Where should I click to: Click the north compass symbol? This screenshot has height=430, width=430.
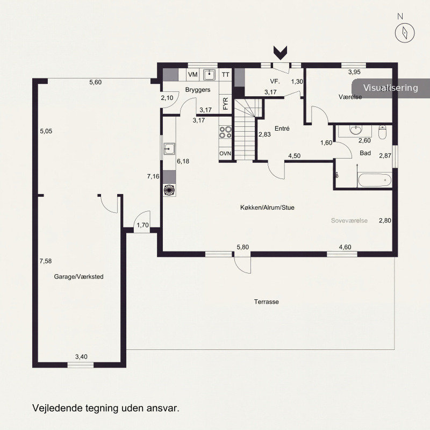[405, 32]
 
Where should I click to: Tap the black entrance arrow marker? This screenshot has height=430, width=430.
[280, 53]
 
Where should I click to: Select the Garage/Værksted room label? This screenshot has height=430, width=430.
[78, 277]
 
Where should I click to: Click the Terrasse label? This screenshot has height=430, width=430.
[266, 302]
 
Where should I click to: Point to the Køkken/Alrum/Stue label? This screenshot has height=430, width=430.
[267, 207]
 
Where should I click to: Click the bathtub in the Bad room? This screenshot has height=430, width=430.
[375, 180]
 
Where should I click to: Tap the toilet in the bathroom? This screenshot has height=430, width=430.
[382, 132]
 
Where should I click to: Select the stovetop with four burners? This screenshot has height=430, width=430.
[225, 132]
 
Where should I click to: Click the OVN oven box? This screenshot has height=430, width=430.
[225, 154]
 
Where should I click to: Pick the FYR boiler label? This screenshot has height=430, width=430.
[225, 104]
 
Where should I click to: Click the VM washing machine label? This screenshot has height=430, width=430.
[193, 75]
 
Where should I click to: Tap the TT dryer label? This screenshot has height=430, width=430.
[225, 75]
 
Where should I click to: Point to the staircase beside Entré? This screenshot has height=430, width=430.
[245, 130]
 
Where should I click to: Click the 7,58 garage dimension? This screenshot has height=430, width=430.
[46, 261]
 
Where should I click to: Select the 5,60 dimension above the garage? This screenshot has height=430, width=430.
[96, 82]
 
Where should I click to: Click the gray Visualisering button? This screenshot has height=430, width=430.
[391, 88]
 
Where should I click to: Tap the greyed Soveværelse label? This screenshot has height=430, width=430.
[349, 221]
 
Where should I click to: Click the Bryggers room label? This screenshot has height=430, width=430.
[198, 90]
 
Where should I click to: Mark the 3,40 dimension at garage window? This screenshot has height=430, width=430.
[82, 357]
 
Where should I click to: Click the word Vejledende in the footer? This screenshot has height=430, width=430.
[58, 408]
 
